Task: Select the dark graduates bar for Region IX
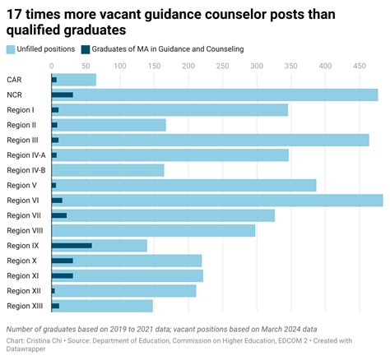coord(72,245)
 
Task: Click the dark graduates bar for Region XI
coord(63,275)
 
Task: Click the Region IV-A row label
coord(26,155)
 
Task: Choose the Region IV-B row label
coord(26,170)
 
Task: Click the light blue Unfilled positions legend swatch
coord(11,49)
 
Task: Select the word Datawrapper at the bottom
coord(27,349)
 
